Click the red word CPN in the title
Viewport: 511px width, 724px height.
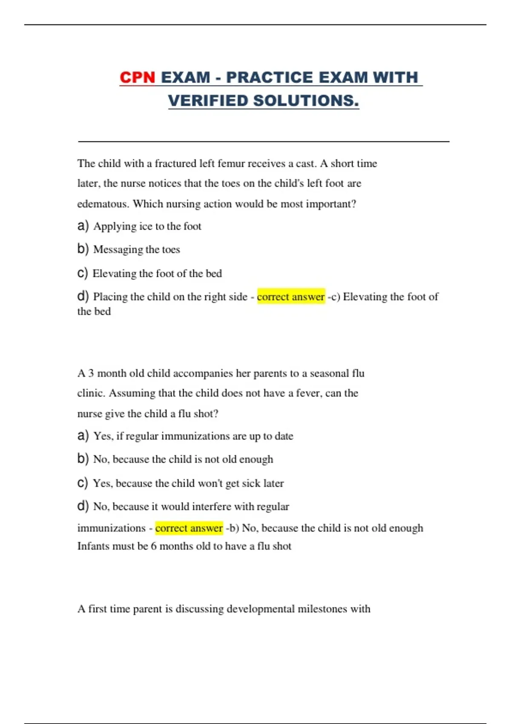pos(137,78)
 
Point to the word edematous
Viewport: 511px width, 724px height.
pos(102,204)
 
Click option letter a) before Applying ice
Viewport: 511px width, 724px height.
pos(83,226)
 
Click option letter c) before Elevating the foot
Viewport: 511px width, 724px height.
pos(83,273)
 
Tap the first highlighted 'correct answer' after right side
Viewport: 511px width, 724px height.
pos(291,296)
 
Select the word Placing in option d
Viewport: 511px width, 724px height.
pos(110,296)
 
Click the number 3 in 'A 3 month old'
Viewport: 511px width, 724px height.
pos(91,373)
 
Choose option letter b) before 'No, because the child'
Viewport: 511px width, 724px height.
pos(83,459)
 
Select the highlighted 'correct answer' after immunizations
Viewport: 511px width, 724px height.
pos(189,528)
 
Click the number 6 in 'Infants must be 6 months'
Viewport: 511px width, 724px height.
pos(154,546)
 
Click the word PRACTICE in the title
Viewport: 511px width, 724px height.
pos(270,78)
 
